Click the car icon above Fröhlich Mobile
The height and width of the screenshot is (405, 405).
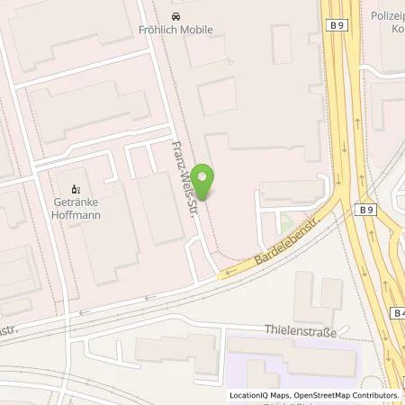pos(175,16)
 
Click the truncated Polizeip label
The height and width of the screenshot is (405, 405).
pos(388,16)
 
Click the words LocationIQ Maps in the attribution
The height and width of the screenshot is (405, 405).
pos(259,395)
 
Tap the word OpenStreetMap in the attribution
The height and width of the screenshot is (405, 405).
pos(320,395)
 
